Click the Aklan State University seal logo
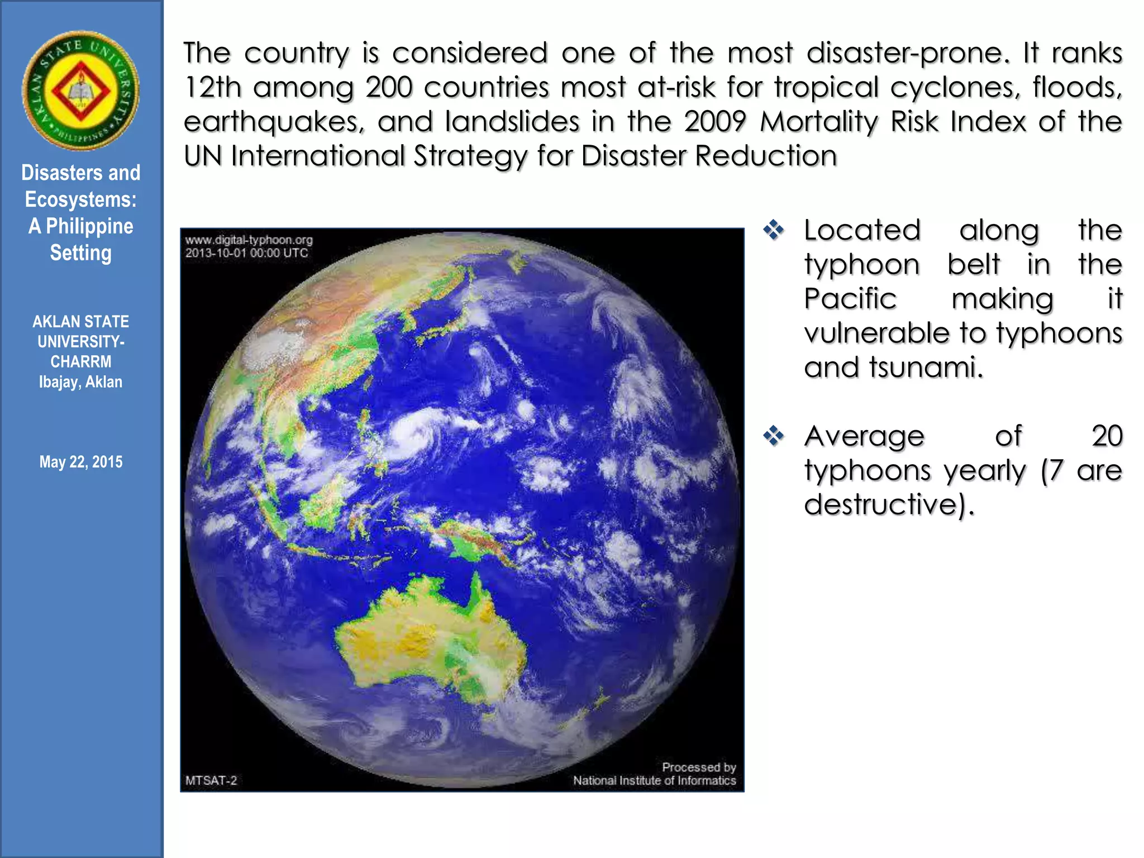[x=80, y=90]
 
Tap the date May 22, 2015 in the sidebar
[x=80, y=462]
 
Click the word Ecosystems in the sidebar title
[x=80, y=199]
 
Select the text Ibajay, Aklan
[x=80, y=382]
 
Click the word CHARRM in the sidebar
[x=80, y=362]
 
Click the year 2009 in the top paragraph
[x=714, y=122]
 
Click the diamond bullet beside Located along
[x=774, y=230]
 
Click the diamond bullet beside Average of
[x=774, y=436]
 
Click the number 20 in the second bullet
[x=1107, y=436]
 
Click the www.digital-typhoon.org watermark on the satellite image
[x=249, y=240]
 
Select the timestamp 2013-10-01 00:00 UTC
[x=246, y=253]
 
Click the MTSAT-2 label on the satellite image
[x=211, y=780]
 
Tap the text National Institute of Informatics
[x=654, y=780]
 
